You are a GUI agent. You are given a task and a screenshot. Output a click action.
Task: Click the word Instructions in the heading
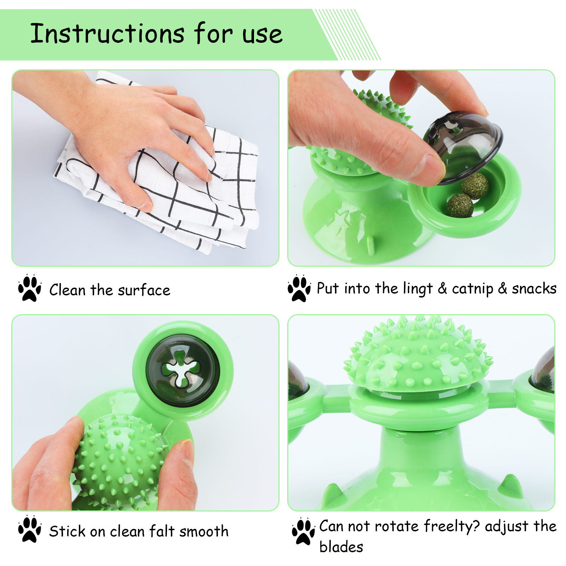107,34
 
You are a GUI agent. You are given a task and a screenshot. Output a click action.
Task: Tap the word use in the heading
262,35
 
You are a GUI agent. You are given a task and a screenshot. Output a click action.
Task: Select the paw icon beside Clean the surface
30,288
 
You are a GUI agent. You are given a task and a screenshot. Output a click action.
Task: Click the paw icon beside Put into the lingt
299,288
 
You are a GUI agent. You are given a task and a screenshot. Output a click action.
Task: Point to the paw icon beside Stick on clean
30,529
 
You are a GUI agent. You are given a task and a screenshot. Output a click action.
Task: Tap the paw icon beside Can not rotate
304,531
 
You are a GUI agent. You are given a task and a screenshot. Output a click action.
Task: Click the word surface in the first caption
144,290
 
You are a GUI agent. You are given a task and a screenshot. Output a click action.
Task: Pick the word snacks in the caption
534,289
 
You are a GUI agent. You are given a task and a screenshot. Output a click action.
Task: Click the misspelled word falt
162,531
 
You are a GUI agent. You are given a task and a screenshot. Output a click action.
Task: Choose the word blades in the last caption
341,547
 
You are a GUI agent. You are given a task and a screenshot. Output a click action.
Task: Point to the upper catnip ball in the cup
475,186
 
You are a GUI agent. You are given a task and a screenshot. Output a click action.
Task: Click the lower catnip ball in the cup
460,206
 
